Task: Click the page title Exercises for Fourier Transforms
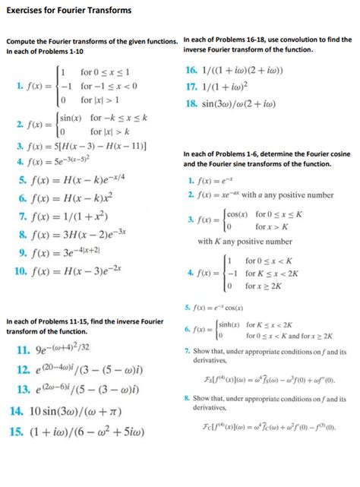(68, 11)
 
